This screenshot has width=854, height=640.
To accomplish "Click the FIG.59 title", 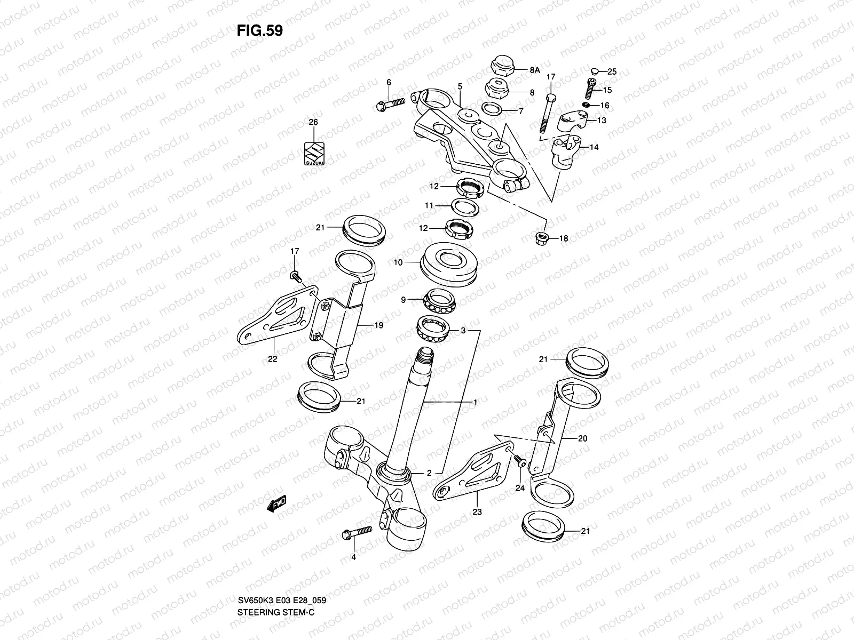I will pyautogui.click(x=259, y=31).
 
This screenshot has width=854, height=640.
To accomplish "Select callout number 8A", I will pyautogui.click(x=535, y=70).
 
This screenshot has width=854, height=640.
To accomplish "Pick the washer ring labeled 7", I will pyautogui.click(x=493, y=110).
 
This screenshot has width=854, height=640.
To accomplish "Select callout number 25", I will pyautogui.click(x=612, y=71).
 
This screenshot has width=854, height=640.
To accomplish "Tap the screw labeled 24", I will pyautogui.click(x=518, y=462).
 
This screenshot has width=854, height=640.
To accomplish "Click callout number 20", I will pyautogui.click(x=582, y=439).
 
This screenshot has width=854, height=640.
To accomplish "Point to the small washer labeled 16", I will pyautogui.click(x=587, y=105).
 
